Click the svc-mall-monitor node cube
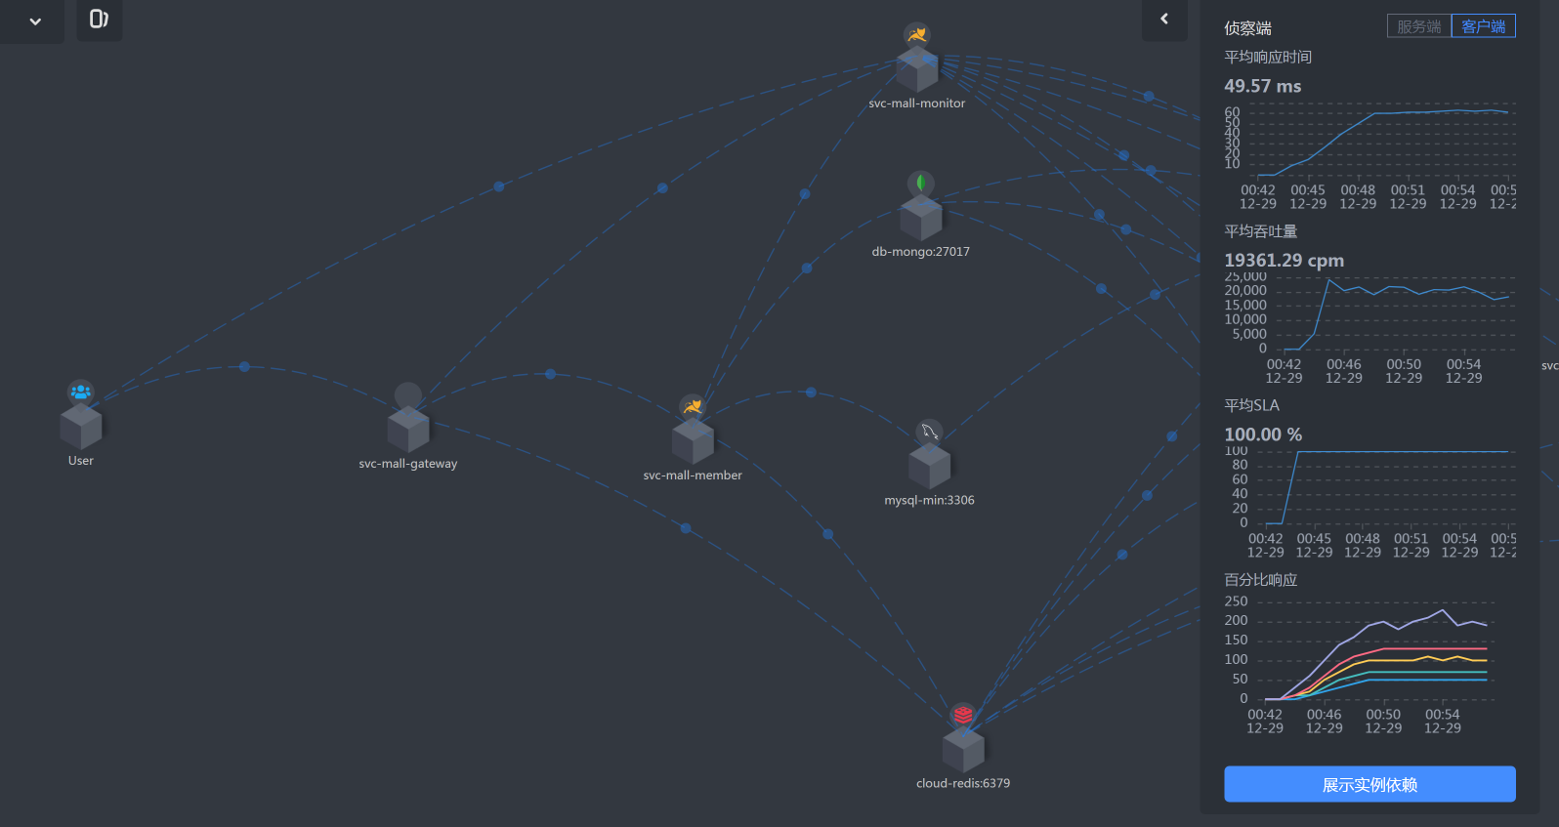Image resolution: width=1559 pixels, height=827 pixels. click(x=917, y=70)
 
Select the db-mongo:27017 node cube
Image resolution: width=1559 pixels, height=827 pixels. click(x=921, y=218)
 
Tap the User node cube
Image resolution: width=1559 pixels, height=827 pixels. click(x=81, y=427)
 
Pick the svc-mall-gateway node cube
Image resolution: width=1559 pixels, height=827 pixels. click(x=408, y=430)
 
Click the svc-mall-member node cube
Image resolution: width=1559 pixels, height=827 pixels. click(x=693, y=441)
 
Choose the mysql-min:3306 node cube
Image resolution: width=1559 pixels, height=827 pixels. click(x=929, y=466)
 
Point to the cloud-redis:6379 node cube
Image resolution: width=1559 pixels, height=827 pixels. click(x=963, y=750)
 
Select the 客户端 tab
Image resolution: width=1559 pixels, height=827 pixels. click(x=1483, y=26)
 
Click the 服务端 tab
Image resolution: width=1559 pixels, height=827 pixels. click(x=1419, y=26)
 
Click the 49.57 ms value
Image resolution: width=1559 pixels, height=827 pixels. click(x=1262, y=86)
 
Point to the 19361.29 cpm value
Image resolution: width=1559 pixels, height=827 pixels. click(x=1284, y=260)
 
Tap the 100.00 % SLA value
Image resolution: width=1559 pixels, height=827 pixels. click(x=1262, y=434)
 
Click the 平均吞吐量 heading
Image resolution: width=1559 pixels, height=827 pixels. click(x=1260, y=231)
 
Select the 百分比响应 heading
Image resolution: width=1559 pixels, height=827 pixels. click(x=1260, y=580)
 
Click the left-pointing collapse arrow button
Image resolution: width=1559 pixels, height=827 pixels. click(x=1164, y=19)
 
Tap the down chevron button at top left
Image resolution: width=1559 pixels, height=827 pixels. click(x=35, y=21)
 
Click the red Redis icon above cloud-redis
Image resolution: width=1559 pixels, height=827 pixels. click(x=963, y=715)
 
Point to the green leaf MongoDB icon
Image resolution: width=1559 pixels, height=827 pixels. click(x=920, y=183)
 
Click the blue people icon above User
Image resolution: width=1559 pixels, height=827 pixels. click(x=81, y=392)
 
